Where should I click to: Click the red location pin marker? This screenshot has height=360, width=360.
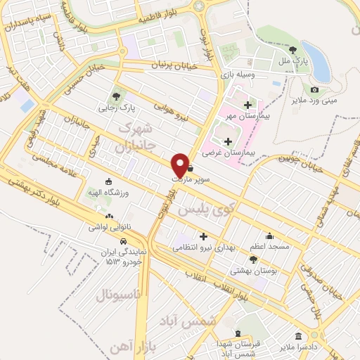[x=181, y=164]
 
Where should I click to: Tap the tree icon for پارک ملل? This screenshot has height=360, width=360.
[x=293, y=49]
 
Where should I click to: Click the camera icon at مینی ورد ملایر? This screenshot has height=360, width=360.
[x=314, y=89]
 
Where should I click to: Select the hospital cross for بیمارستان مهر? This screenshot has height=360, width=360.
[x=247, y=105]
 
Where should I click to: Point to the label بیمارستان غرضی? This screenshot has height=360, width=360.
[x=221, y=152]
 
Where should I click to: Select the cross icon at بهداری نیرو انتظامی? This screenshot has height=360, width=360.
[x=205, y=236]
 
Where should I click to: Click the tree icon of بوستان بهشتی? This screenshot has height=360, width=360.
[x=253, y=259]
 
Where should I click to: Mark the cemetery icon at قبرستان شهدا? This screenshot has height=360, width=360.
[x=237, y=334]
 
